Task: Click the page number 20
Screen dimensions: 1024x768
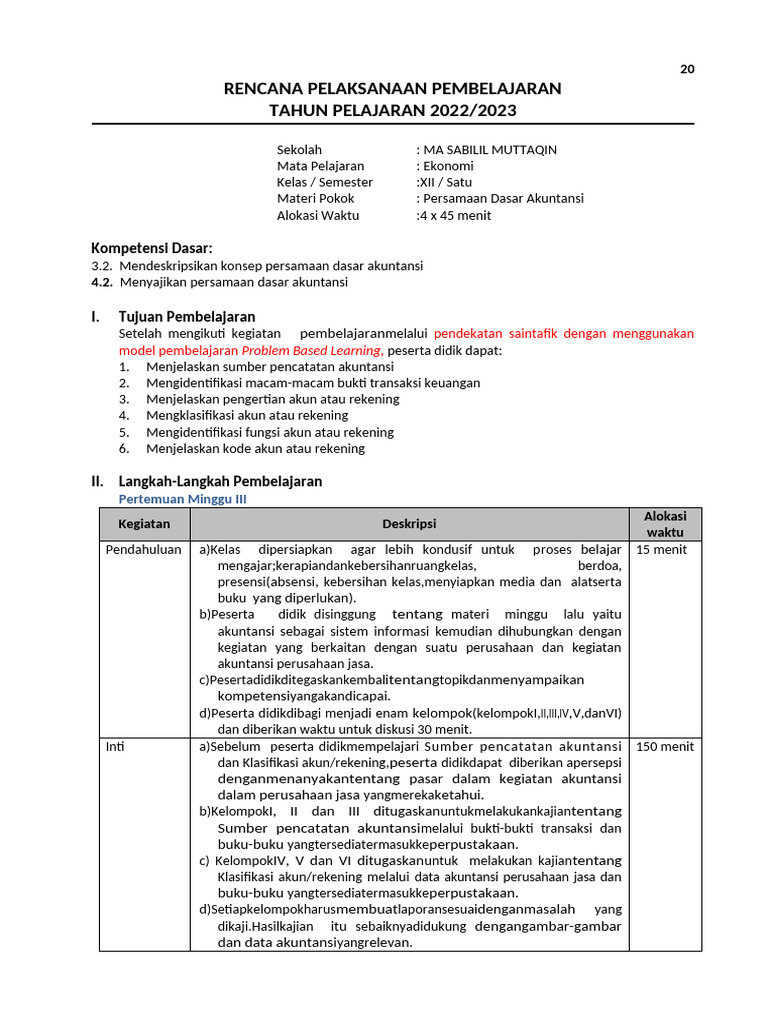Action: [687, 69]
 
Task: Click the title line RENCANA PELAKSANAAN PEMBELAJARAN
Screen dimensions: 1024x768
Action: [393, 89]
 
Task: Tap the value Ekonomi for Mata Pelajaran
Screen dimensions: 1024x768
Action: [448, 166]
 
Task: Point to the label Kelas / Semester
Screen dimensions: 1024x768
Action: [325, 182]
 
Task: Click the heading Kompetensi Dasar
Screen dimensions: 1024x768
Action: [152, 248]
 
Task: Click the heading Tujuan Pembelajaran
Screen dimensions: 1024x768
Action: [186, 317]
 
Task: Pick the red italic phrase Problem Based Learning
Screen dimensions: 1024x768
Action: [311, 351]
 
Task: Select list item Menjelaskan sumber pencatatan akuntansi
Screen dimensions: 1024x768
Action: [256, 367]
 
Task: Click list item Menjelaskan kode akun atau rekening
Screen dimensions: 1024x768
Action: [255, 448]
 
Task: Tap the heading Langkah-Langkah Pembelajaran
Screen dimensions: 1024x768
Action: [220, 481]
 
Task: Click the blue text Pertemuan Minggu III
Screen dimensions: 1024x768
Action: [182, 498]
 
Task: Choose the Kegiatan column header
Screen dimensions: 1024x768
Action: [144, 524]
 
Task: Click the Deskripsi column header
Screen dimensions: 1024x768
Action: [409, 524]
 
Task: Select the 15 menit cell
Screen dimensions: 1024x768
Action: [662, 549]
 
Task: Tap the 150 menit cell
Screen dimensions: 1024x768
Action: [665, 746]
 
